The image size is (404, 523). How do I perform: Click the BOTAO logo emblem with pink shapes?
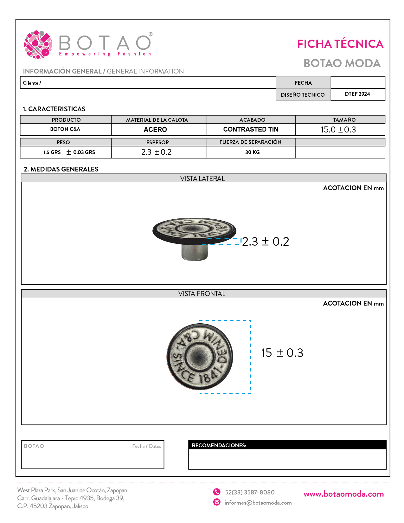(x=38, y=45)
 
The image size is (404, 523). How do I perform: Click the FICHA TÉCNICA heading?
(x=340, y=44)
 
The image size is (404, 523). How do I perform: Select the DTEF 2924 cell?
(x=357, y=94)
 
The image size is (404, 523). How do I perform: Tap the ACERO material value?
(x=155, y=130)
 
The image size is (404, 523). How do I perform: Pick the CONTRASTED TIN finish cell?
(x=251, y=129)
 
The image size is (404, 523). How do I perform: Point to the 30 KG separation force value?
(x=252, y=152)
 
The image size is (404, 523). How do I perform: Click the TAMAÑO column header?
(x=344, y=120)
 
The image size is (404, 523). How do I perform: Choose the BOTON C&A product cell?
(x=65, y=129)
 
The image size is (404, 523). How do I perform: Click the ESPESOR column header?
(x=157, y=142)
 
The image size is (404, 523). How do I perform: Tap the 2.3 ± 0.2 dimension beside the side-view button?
(x=266, y=242)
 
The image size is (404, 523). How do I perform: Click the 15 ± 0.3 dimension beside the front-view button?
(x=282, y=353)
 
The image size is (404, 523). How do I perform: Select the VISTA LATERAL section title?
(x=202, y=179)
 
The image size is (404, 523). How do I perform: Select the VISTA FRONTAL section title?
(x=202, y=294)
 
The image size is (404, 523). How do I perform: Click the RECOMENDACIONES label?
(x=219, y=445)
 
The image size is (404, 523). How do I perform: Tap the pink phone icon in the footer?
(x=217, y=492)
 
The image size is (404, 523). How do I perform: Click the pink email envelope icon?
(x=217, y=502)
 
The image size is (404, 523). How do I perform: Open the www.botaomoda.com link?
(x=343, y=494)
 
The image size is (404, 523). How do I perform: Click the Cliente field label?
(x=32, y=83)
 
